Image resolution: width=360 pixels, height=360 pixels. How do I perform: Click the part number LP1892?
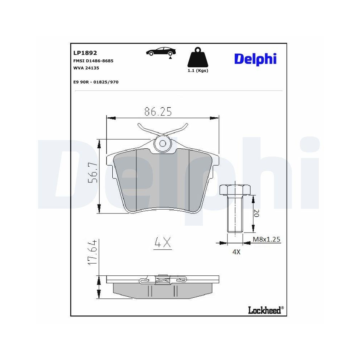tap(85, 53)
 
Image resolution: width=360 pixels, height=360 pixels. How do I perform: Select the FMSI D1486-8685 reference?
tap(93, 61)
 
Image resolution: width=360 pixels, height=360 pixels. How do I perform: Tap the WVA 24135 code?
tap(86, 68)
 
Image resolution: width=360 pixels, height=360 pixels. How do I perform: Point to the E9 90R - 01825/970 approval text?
tap(96, 82)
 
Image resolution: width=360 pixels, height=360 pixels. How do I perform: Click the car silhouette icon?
tap(161, 52)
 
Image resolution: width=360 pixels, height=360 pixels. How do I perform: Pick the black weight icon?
tap(198, 57)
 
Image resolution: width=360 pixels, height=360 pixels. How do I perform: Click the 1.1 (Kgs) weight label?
tap(198, 71)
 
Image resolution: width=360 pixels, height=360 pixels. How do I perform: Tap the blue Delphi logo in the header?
tap(255, 59)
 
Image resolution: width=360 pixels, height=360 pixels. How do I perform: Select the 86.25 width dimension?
tap(158, 112)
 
